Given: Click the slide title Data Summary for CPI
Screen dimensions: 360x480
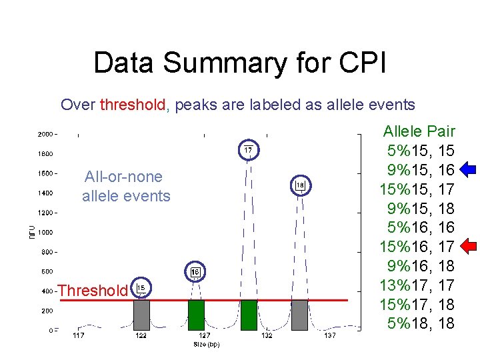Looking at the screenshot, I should pos(239,63).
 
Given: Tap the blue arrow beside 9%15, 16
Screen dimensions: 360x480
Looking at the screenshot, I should pos(467,169).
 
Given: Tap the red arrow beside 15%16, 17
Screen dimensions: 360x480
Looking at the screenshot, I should pos(467,247).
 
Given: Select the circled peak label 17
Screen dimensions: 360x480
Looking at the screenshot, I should pos(247,151).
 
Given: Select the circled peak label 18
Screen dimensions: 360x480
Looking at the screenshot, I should pos(300,185).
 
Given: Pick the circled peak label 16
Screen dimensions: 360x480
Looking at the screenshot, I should pos(195,272).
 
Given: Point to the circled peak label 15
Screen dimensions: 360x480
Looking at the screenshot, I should pos(141,288).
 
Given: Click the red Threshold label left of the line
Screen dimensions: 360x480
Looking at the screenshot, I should pos(92,291).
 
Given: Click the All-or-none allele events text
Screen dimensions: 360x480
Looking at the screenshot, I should pos(126,186).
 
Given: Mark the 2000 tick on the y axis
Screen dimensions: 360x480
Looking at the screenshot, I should pos(46,134).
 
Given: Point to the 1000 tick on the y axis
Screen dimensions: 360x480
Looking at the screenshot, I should pos(46,232).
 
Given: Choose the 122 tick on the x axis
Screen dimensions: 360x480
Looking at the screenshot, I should pos(141,337).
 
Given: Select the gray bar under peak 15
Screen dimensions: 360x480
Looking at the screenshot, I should pos(141,315).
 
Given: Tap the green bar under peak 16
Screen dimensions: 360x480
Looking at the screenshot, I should pos(196,315).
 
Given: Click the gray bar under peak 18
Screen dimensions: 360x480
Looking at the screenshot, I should pos(300,315).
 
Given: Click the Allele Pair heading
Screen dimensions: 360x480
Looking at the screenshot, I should pos(419,131).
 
